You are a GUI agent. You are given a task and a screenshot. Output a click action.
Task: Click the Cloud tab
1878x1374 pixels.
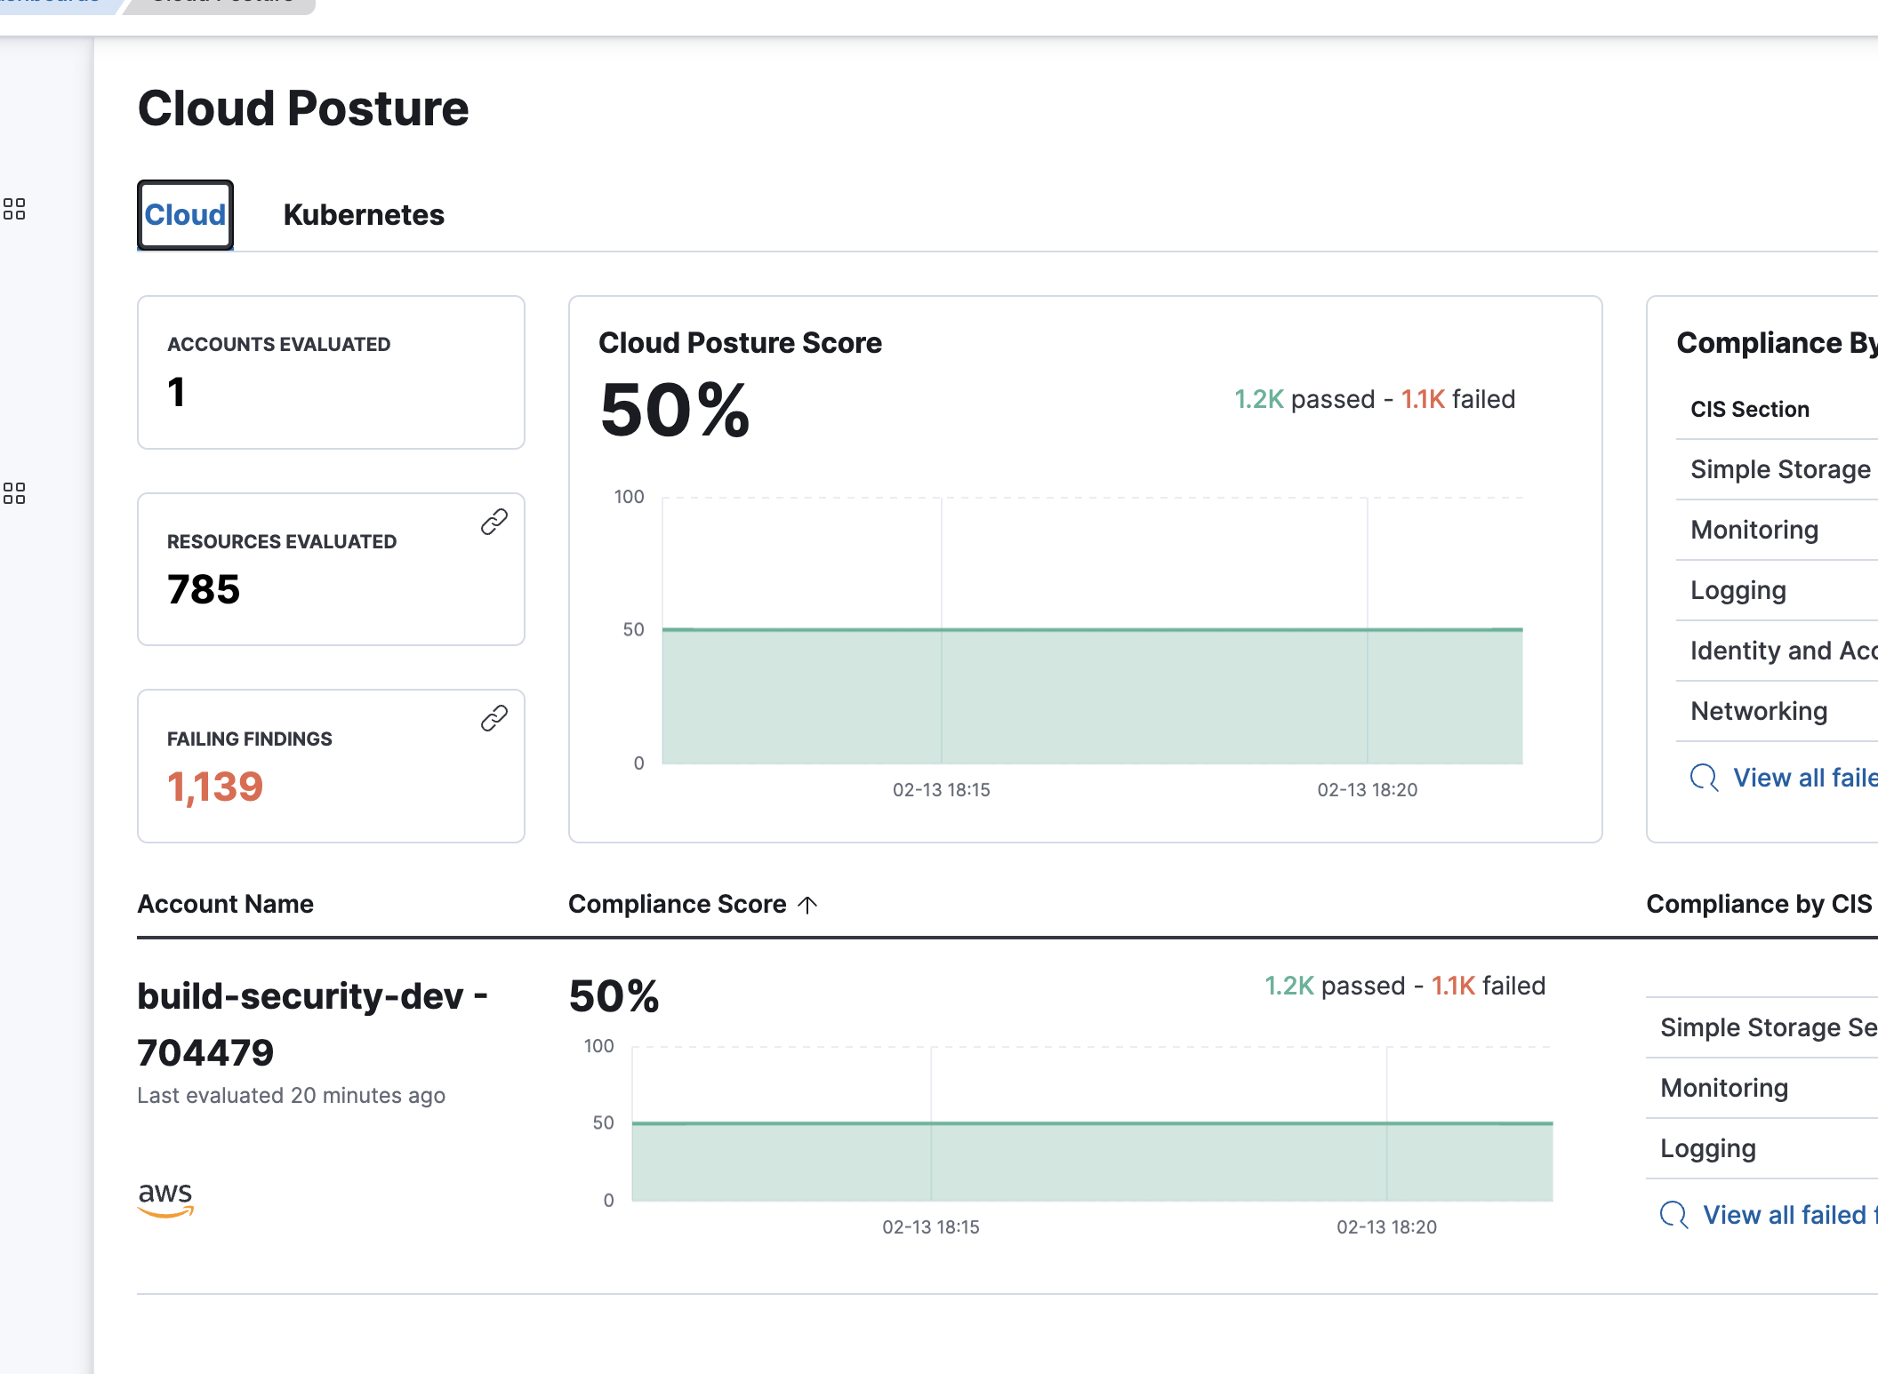(x=185, y=215)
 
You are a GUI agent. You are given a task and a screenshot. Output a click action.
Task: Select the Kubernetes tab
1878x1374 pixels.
(x=363, y=215)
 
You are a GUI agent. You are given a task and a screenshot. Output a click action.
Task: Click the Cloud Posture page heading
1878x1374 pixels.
(x=303, y=108)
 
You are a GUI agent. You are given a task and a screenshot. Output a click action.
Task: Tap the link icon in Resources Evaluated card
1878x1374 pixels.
(x=494, y=522)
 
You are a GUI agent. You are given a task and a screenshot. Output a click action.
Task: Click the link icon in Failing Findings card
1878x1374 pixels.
(x=494, y=718)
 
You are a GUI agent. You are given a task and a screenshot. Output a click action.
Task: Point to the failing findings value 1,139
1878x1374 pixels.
(x=215, y=787)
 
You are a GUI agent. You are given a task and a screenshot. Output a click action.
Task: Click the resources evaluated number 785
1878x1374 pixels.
(x=204, y=589)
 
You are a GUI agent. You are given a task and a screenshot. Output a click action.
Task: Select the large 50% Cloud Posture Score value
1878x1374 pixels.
(x=675, y=411)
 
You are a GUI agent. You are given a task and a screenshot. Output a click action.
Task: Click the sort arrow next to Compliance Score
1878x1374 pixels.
(x=807, y=905)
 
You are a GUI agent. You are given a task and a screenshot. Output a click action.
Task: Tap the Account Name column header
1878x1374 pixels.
(x=225, y=904)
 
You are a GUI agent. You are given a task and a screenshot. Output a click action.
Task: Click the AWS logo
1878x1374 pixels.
(x=165, y=1198)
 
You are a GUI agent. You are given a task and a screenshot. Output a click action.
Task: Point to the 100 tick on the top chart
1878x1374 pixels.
(x=629, y=497)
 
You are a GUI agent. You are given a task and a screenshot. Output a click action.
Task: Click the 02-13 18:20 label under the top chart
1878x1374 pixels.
(x=1367, y=790)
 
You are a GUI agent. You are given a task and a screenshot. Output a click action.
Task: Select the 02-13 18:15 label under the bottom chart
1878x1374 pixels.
(x=930, y=1227)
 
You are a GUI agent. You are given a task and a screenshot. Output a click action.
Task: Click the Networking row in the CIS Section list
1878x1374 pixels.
(x=1758, y=711)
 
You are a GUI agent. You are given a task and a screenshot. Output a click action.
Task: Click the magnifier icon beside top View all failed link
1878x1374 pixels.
(x=1704, y=778)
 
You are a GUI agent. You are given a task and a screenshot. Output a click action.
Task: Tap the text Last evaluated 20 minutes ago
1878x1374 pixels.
(x=291, y=1096)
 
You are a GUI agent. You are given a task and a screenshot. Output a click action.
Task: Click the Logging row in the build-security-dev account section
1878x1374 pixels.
(x=1707, y=1148)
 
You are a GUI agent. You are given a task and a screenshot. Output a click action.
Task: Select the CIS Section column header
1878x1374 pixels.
(x=1749, y=410)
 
